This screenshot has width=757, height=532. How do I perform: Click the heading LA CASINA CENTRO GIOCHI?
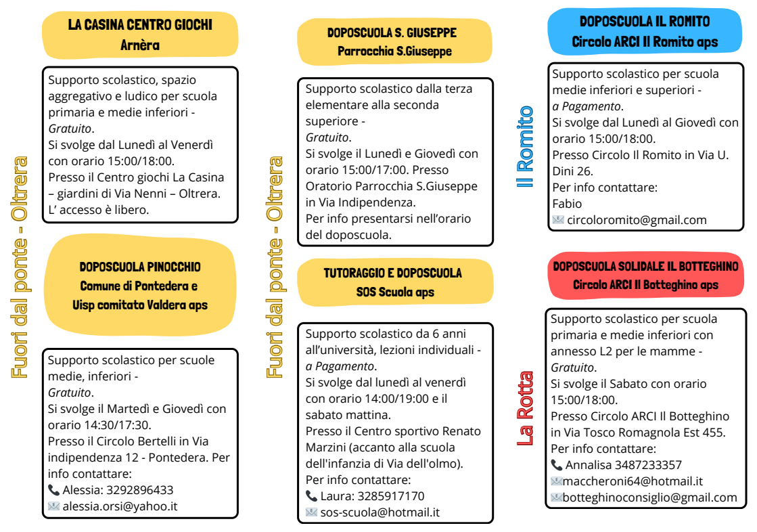140,25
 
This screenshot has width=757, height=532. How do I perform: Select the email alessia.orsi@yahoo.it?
120,506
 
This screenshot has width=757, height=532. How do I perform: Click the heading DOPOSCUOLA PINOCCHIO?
140,267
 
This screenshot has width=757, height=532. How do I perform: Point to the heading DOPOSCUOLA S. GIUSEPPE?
392,32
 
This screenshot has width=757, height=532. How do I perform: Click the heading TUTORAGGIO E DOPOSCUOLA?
392,273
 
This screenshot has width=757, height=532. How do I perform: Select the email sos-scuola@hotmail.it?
380,512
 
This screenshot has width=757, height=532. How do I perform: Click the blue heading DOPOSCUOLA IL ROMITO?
645,22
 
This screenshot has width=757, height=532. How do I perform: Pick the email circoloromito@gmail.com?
637,220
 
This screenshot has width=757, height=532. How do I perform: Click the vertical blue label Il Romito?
526,146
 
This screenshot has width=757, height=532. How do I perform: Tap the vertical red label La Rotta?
526,408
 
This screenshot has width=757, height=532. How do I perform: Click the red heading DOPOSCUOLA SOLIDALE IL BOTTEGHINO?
645,266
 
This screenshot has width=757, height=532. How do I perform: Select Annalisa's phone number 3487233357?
648,465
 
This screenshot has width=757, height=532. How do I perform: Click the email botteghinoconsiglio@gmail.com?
650,497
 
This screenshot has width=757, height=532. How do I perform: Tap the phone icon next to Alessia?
54,489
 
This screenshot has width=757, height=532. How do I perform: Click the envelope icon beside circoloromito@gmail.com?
558,220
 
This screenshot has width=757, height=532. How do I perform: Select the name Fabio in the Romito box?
567,204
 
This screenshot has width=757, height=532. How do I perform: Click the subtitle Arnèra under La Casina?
140,45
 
